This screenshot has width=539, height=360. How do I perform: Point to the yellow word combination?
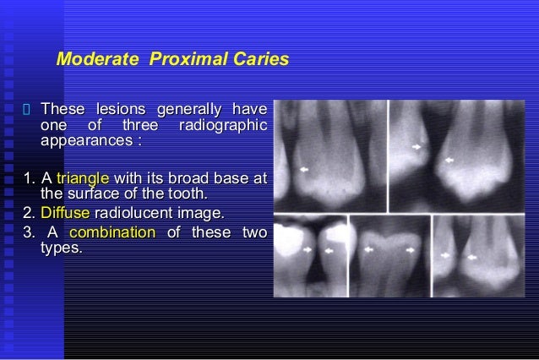click(x=112, y=232)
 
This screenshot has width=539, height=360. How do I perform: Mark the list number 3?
click(x=30, y=232)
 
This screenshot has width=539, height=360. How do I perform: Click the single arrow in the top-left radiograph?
click(x=304, y=170)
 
